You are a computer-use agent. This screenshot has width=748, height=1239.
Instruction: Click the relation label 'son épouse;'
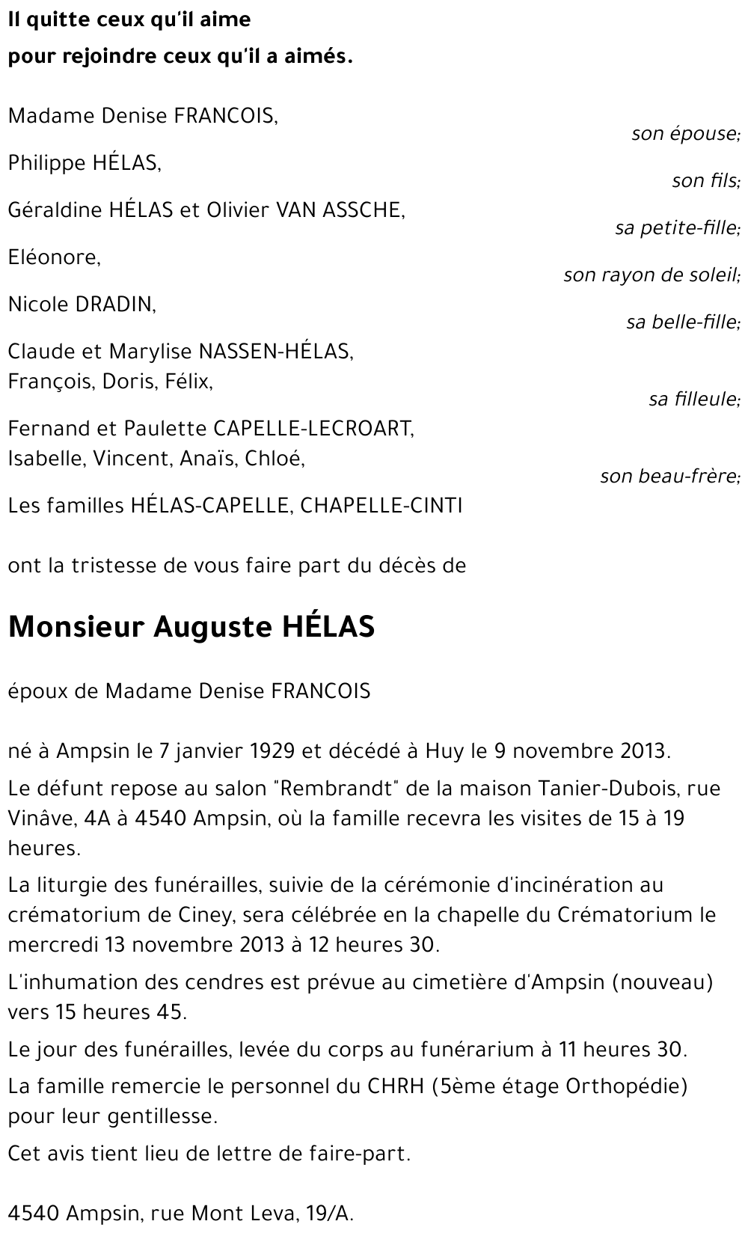click(685, 134)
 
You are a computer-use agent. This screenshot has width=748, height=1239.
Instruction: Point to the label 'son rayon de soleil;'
click(652, 275)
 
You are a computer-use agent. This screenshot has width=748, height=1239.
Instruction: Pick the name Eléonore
click(54, 257)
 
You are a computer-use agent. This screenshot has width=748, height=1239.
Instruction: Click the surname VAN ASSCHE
click(340, 210)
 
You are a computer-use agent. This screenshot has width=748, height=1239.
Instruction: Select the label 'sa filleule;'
click(694, 400)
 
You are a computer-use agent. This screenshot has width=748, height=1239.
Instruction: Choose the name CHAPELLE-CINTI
click(381, 506)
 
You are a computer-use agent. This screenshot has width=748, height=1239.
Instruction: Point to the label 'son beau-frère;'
click(669, 477)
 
